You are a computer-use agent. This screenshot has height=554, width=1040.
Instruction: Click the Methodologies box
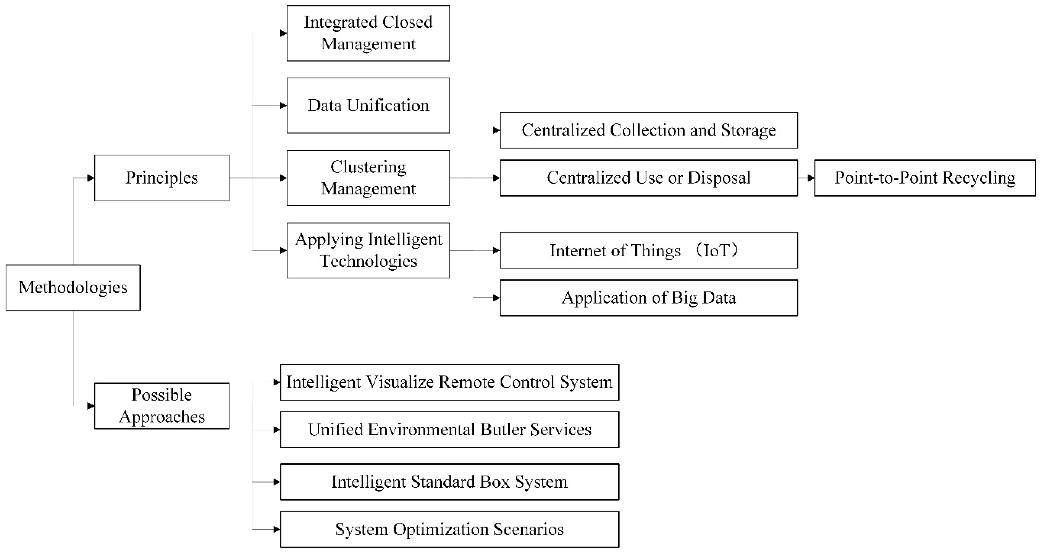click(x=73, y=287)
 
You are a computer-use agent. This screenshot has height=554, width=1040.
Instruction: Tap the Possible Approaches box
click(x=162, y=406)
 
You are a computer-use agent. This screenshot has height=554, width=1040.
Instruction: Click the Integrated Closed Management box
click(x=368, y=33)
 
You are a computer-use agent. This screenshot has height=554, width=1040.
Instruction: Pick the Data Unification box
click(x=368, y=105)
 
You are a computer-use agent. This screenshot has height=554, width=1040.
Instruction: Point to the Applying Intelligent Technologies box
click(x=368, y=250)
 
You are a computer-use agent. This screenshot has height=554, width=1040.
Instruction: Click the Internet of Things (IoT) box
click(x=648, y=250)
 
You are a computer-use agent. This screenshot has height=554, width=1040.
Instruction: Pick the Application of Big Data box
click(x=648, y=298)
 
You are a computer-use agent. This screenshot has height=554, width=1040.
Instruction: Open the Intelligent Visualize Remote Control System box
click(x=449, y=382)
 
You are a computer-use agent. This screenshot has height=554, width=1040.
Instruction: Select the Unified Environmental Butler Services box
click(x=449, y=430)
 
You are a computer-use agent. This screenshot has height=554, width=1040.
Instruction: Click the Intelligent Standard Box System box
click(x=449, y=482)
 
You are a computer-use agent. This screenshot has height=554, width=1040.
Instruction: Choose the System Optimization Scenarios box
click(x=449, y=529)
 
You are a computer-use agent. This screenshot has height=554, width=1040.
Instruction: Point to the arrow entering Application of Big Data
click(x=487, y=298)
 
